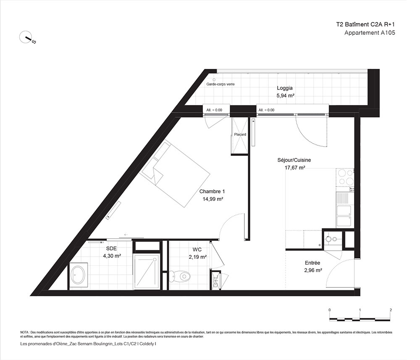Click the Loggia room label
tap(284, 88)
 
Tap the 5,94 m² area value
tap(286, 95)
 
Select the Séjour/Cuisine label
tap(294, 160)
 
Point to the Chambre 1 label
tap(212, 192)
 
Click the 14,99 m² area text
tap(213, 199)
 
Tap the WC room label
tap(197, 250)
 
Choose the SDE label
tap(111, 249)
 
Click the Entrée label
tap(312, 263)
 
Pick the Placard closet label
tap(240, 134)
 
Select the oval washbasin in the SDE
tap(78, 275)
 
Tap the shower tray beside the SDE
tap(147, 272)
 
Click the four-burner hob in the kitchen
tap(345, 177)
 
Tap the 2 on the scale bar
tap(391, 310)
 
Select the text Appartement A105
tap(370, 33)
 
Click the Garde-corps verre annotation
tap(220, 84)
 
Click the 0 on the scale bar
tap(329, 310)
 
